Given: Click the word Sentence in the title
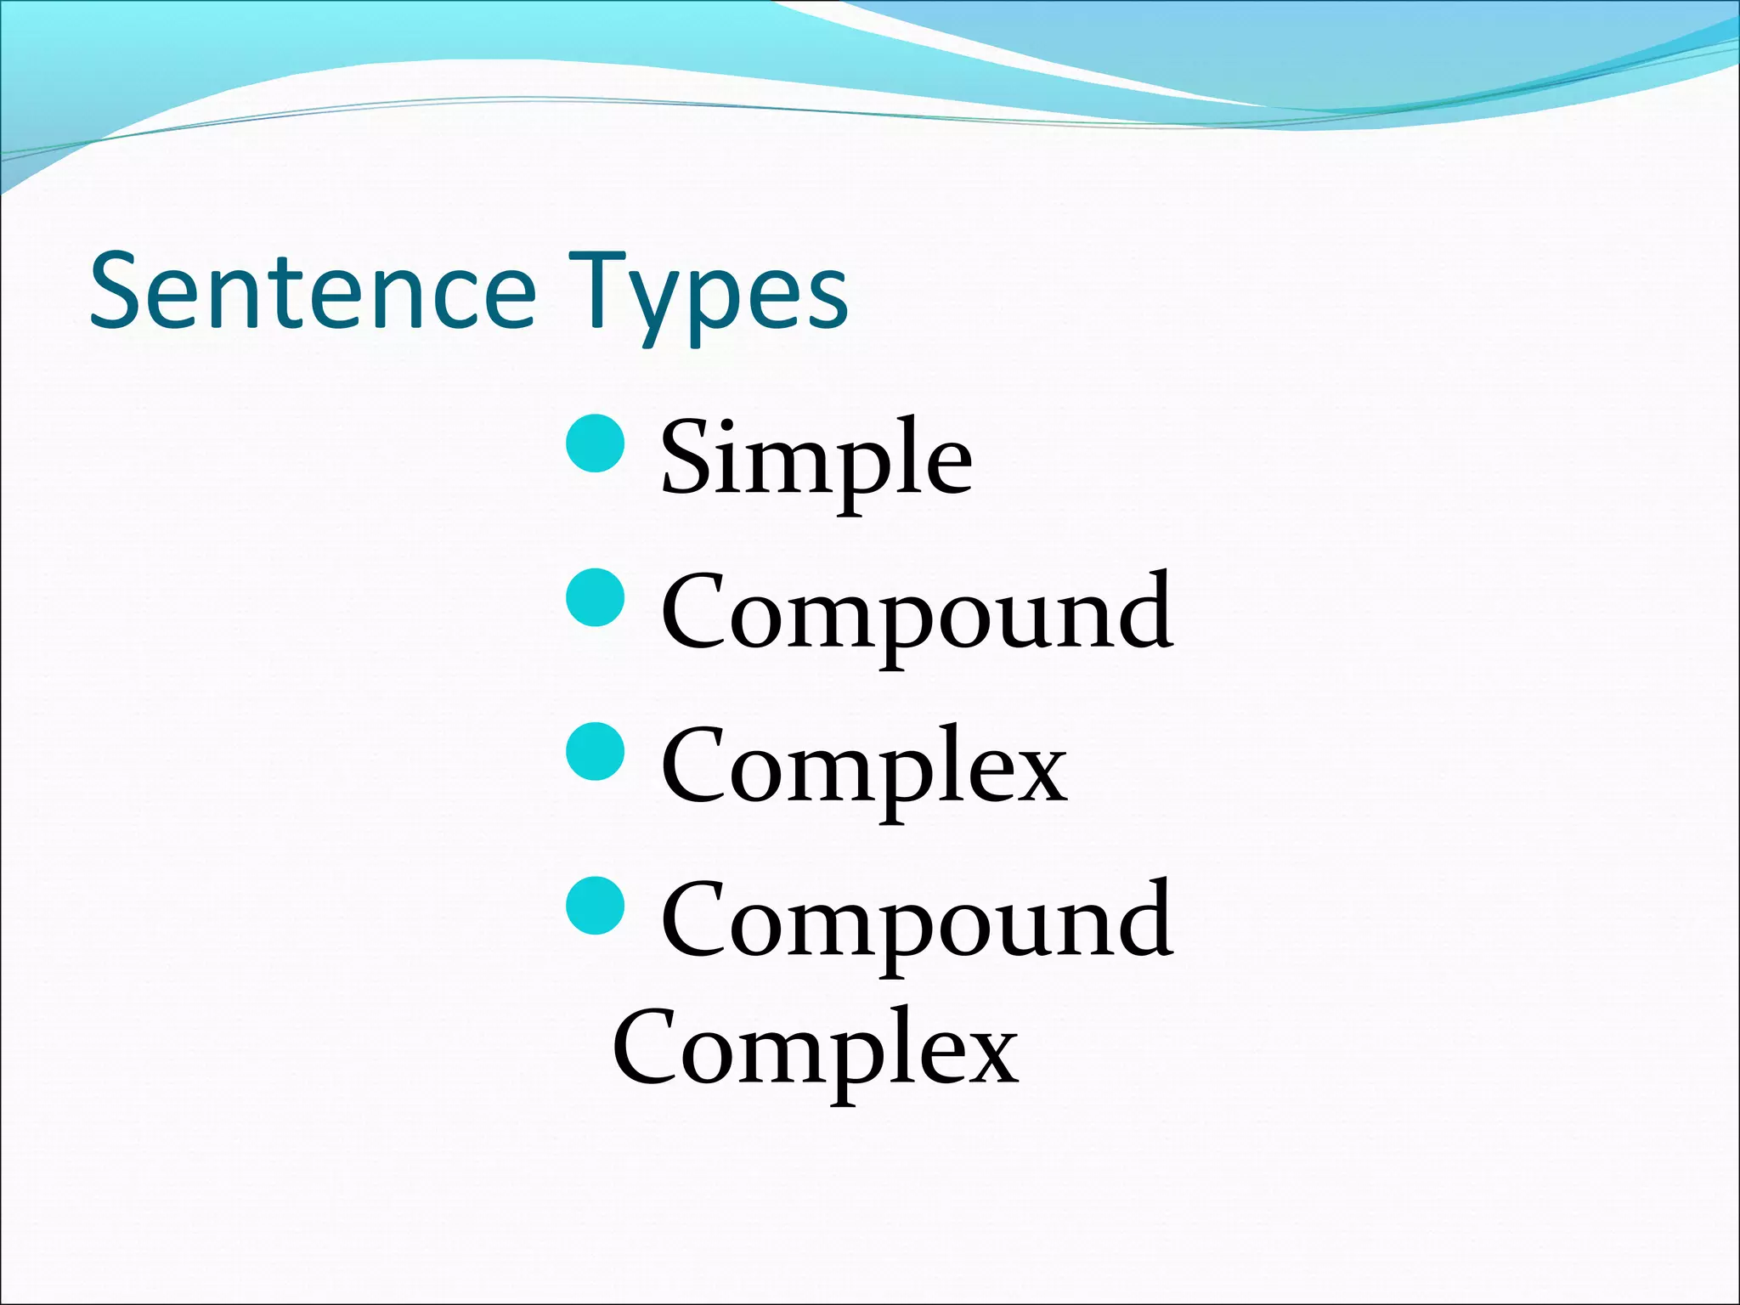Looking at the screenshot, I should point(313,291).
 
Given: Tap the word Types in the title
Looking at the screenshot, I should point(708,293).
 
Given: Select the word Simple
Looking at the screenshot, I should point(816,459).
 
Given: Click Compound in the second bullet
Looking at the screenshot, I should point(917,612).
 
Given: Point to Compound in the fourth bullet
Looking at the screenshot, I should point(917,919).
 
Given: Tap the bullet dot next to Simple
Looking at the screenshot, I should point(595,443).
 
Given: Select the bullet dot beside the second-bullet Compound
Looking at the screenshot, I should point(595,597).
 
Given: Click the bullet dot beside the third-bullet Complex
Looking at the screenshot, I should point(595,751).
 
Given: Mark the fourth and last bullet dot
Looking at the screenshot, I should point(595,905).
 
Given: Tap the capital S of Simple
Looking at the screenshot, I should point(686,457).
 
